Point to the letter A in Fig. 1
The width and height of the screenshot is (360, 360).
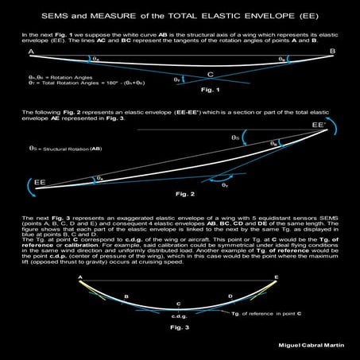[30, 52]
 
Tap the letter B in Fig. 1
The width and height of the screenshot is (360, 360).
[331, 51]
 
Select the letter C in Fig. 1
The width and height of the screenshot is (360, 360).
[210, 75]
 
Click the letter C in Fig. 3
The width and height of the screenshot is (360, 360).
[178, 304]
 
